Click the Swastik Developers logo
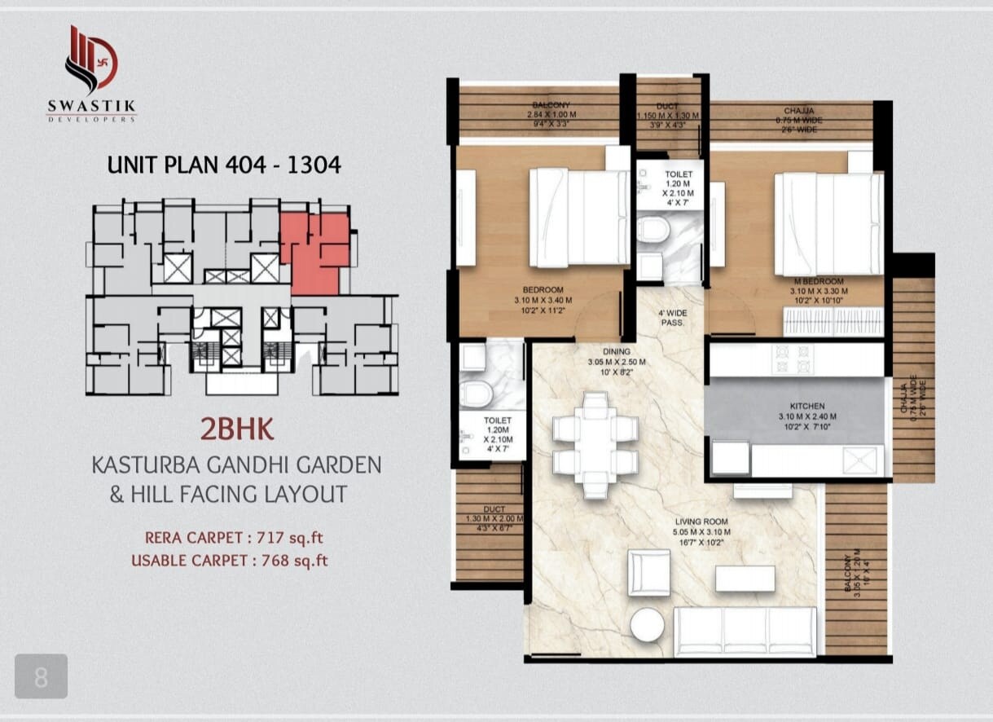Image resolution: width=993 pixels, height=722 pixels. pos(91,73)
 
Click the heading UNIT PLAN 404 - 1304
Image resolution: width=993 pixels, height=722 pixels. pos(224,165)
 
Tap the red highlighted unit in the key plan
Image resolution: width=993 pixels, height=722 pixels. pos(314,253)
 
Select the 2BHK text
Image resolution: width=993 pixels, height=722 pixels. pos(235,429)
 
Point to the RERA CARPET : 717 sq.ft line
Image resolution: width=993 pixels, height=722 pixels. pos(236,538)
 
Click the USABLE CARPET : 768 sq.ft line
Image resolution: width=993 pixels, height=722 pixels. pos(230,561)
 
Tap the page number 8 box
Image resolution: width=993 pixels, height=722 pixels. pos(41,676)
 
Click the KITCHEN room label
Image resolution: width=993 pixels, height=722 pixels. pos(806,406)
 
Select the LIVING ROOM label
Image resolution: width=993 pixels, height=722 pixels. pos(701,522)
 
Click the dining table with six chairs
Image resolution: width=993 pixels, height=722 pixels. pos(595,444)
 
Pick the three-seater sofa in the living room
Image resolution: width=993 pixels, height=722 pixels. pos(745,632)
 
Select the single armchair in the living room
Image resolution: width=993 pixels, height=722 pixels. pos(649,571)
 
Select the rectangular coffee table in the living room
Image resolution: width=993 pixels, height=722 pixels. pos(745,578)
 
